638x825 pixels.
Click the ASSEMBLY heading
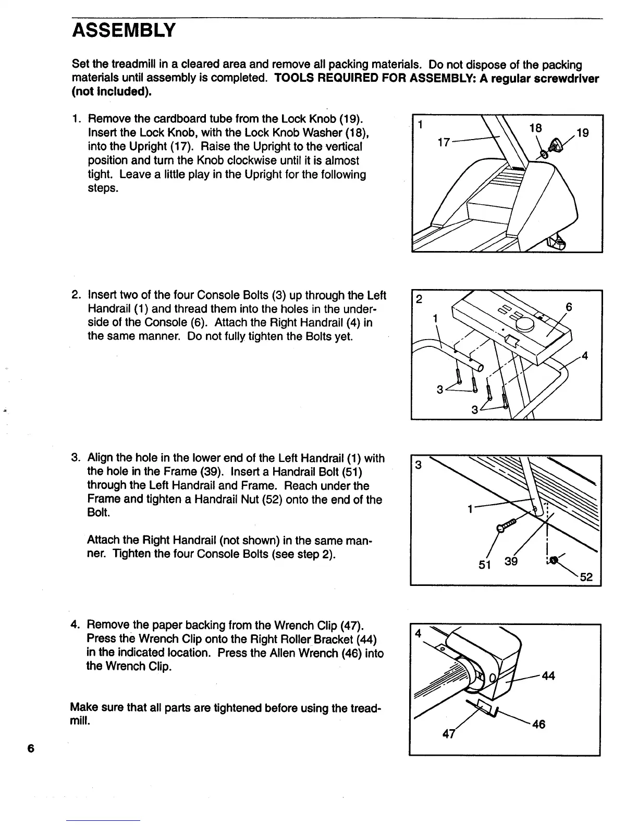point(124,31)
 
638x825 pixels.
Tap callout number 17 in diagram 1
point(444,142)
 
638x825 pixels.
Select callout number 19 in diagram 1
point(583,133)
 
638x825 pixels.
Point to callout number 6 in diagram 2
point(569,308)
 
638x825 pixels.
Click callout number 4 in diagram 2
point(585,356)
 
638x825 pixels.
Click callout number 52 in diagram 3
point(586,577)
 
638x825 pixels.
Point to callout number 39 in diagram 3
point(511,561)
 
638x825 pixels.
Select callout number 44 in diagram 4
point(548,676)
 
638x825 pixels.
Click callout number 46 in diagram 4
point(538,724)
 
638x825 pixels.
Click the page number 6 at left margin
point(31,748)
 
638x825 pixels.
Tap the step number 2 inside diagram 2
point(419,299)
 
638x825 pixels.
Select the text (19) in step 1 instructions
point(351,119)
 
